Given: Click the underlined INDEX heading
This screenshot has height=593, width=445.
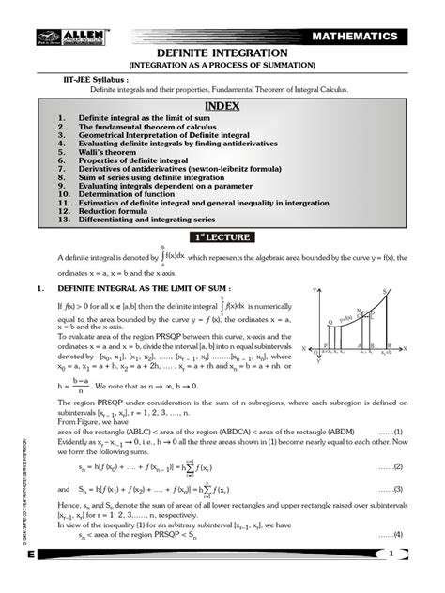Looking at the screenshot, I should pos(222,105).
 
